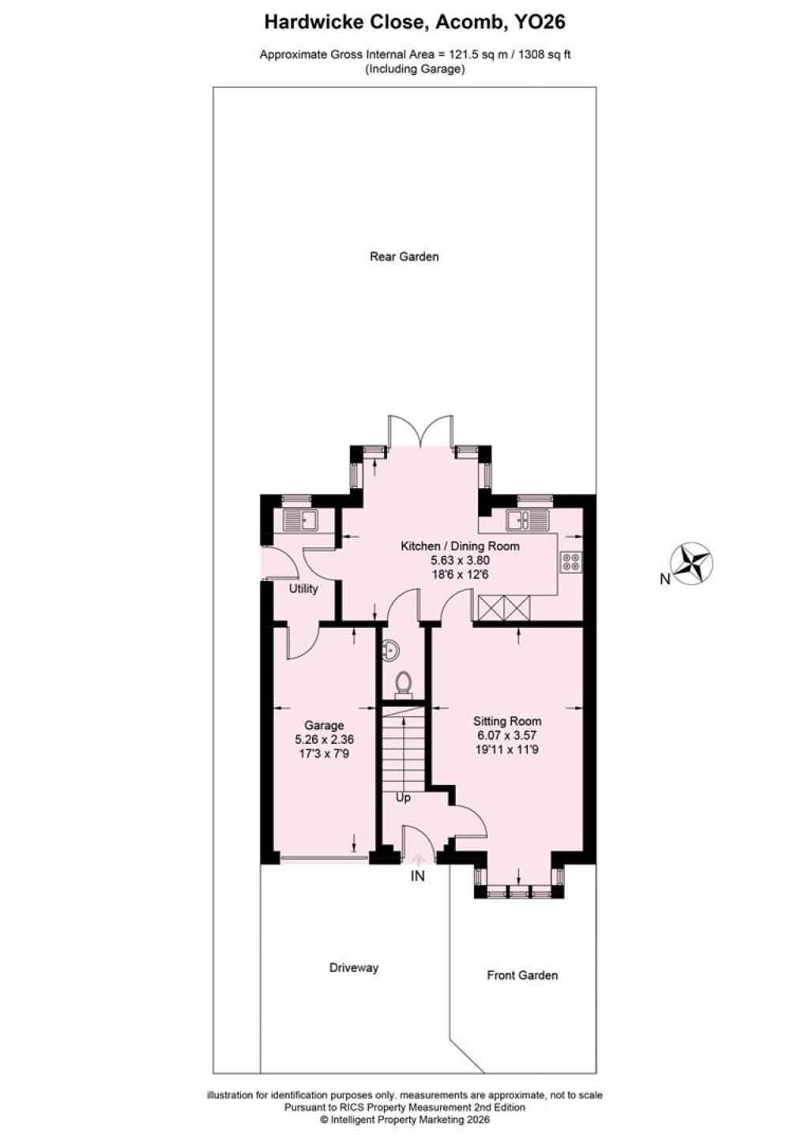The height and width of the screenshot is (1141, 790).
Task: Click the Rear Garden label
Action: click(x=404, y=256)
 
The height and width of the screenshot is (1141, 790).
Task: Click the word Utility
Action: click(x=303, y=589)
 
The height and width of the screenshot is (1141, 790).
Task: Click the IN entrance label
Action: click(x=417, y=876)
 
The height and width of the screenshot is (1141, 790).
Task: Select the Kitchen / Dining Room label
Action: click(x=461, y=546)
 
